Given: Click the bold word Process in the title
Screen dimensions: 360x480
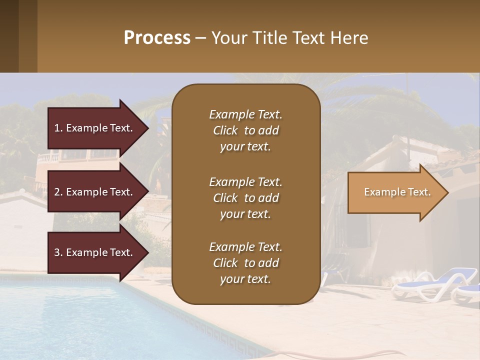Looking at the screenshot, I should (157, 38).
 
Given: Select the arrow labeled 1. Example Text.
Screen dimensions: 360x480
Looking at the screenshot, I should (95, 128).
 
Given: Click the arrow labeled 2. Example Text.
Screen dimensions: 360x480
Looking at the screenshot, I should (95, 192).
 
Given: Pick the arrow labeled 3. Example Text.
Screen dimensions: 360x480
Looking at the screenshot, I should (95, 252).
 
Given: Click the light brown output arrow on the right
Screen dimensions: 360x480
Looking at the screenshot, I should (395, 192).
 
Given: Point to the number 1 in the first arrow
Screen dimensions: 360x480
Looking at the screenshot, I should (57, 128).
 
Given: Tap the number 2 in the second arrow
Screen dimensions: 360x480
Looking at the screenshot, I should (57, 192).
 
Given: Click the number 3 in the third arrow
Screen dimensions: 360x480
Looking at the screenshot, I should (57, 252).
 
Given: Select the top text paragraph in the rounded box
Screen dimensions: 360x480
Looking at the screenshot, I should (245, 130).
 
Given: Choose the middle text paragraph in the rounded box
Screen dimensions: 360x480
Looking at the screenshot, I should (245, 198).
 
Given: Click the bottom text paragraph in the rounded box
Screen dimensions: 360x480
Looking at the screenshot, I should (245, 263).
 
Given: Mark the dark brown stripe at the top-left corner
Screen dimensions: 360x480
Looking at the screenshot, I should (9, 36).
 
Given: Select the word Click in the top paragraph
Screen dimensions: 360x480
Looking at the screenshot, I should (225, 130).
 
